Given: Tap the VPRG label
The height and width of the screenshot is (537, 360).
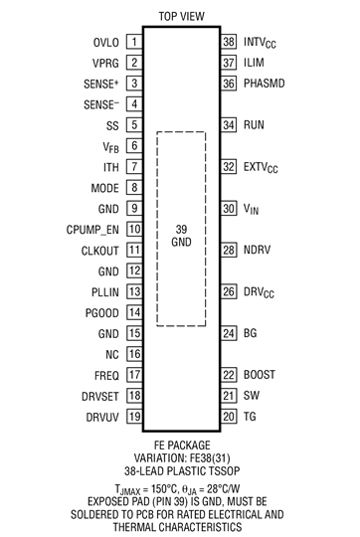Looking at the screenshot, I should (103, 64).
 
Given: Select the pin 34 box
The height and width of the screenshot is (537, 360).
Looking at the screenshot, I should (228, 126).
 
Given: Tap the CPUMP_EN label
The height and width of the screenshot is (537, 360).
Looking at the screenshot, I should (90, 229).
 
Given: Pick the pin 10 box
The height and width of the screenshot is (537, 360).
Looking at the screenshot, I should (132, 229).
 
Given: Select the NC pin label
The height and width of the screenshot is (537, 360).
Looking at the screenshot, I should (110, 354).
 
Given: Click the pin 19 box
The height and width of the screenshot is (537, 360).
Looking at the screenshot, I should (132, 417).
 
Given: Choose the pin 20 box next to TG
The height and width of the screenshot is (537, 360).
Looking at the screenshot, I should (228, 417).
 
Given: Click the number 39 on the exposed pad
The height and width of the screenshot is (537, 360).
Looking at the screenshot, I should (180, 230).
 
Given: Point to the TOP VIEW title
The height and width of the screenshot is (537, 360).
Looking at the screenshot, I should (180, 15).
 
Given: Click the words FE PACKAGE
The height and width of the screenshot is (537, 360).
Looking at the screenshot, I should (180, 444).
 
